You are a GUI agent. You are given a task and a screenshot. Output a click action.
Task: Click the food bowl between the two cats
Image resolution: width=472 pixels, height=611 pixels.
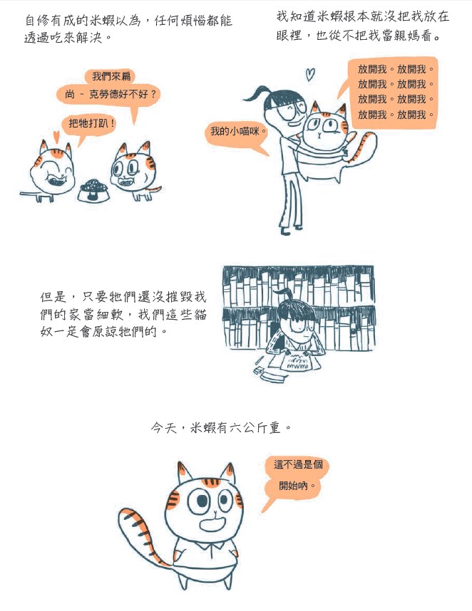coord(93,191)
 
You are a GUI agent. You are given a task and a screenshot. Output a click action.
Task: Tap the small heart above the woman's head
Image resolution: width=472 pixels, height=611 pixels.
coord(310,74)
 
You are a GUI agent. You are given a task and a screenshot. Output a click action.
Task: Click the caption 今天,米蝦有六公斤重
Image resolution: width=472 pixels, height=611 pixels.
coord(221,428)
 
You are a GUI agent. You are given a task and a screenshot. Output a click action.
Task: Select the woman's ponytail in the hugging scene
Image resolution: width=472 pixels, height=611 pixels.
coord(257,94)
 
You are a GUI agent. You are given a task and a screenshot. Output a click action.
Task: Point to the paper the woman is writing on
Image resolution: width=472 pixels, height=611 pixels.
coord(294,362)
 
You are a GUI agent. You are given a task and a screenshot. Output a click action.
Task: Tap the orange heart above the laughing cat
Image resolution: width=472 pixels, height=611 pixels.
coord(56,137)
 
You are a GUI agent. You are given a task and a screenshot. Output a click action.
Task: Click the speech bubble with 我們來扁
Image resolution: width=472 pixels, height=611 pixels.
coord(110,76)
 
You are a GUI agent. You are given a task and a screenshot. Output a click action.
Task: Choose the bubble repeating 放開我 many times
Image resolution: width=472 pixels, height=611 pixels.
coord(393,93)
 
